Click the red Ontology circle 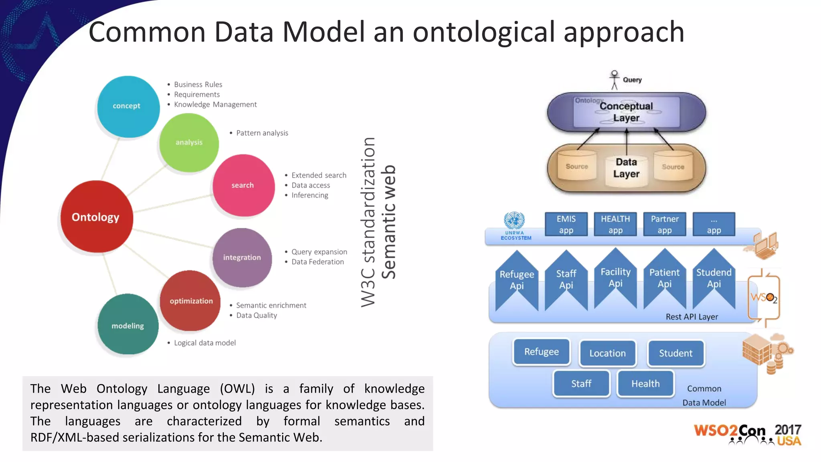coord(96,217)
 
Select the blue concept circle coord(128,106)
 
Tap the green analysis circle coord(189,142)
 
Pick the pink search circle coord(243,185)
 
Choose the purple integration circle coord(242,257)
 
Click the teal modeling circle coord(128,325)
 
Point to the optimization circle coord(190,301)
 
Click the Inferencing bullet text coord(309,195)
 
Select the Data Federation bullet coord(317,262)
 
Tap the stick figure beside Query coord(614,79)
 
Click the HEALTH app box coord(615,224)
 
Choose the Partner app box coord(665,224)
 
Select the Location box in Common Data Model coord(607,353)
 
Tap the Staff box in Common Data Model coord(581,383)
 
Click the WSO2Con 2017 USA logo coord(748,434)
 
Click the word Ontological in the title coord(484,32)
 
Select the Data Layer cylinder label coord(626,168)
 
